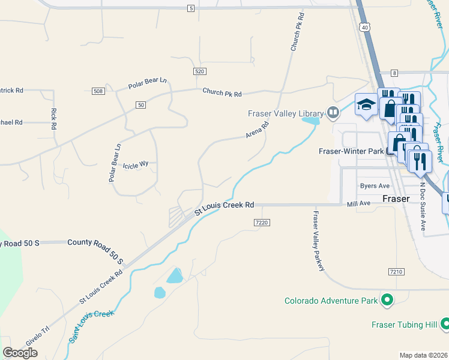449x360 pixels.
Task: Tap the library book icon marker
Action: [333, 112]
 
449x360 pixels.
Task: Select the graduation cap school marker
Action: [365, 104]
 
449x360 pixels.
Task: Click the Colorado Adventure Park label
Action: [331, 300]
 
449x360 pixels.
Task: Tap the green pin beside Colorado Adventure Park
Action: [387, 299]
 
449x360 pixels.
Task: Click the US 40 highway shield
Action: [365, 27]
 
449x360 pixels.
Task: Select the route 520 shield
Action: [200, 71]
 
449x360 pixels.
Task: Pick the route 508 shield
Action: [98, 91]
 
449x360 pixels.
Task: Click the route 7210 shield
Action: [395, 272]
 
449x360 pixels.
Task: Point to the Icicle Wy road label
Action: [135, 163]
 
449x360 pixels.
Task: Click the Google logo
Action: [20, 353]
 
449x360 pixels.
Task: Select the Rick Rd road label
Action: [53, 118]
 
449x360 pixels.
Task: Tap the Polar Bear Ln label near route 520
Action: [146, 83]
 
